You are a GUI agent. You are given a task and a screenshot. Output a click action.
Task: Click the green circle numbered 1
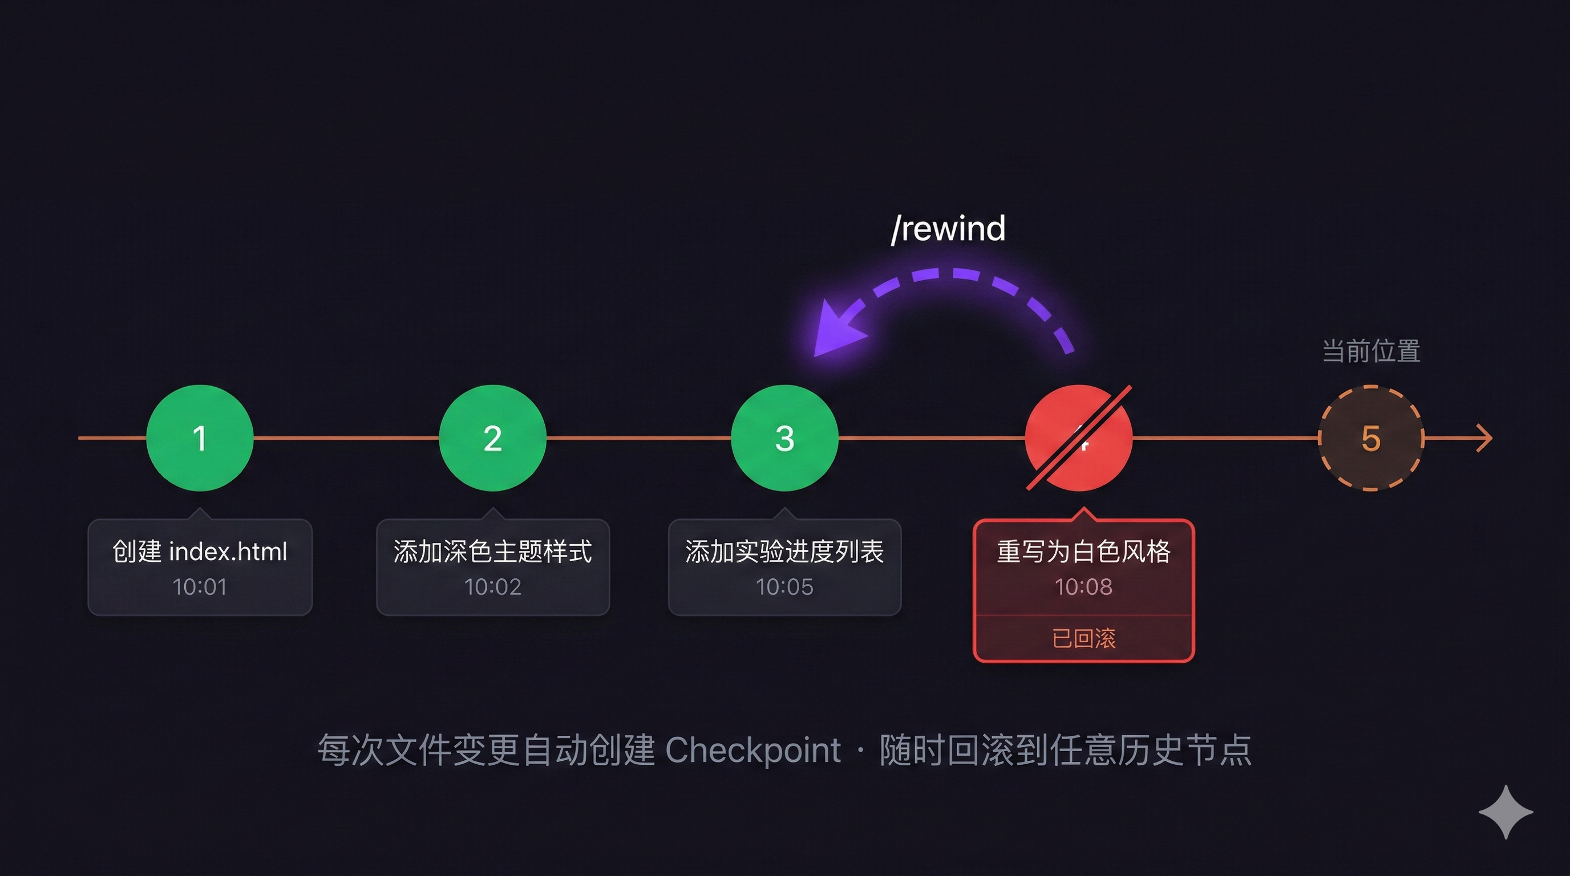point(200,438)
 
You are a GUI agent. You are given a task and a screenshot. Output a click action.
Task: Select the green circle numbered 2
point(492,438)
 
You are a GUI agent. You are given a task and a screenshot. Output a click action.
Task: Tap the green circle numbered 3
point(785,438)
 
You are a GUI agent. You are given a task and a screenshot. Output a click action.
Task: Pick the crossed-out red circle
point(1079,438)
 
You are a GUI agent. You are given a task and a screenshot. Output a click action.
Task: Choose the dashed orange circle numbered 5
point(1371,438)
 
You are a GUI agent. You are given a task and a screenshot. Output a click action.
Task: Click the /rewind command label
point(948,229)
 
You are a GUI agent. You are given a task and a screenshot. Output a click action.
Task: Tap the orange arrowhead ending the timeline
point(1484,438)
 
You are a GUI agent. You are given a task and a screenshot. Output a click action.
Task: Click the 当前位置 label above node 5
point(1371,351)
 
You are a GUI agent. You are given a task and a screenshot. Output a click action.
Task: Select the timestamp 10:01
point(200,587)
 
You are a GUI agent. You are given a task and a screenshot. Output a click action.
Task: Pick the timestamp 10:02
point(492,587)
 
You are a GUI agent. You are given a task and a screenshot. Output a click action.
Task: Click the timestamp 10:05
point(784,587)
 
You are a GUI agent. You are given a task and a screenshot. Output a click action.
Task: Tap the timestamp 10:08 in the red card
point(1083,587)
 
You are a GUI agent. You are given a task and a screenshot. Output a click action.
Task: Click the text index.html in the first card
point(228,551)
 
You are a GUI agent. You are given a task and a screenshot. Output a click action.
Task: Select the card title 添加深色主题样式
point(492,551)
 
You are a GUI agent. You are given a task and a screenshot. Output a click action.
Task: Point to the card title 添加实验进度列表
point(784,551)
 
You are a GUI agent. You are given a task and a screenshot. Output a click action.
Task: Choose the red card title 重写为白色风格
point(1083,551)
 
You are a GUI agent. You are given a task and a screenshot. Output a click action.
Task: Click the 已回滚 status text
point(1083,638)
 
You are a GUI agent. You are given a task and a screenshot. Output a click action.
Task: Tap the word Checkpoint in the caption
point(753,750)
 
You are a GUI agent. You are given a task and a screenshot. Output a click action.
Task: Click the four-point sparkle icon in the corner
point(1506,812)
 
